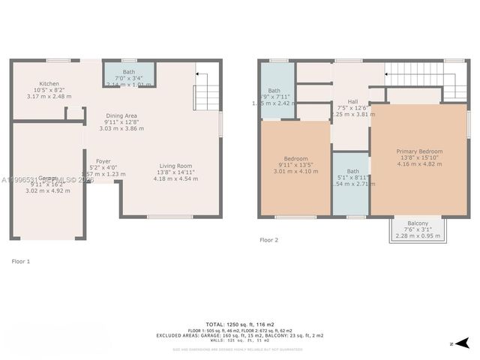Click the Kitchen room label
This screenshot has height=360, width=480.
49,84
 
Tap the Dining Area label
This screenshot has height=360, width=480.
120,115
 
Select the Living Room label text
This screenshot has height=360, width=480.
175,166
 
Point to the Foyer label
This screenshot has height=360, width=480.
103,161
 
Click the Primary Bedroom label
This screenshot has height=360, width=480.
419,151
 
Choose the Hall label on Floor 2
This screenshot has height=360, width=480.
352,101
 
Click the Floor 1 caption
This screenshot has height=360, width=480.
21,261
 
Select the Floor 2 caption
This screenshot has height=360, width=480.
268,240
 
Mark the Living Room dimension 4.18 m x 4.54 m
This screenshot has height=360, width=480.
175,179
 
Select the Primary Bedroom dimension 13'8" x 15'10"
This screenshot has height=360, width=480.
419,157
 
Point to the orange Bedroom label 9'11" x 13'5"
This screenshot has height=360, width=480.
296,164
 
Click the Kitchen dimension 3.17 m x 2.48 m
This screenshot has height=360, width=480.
49,96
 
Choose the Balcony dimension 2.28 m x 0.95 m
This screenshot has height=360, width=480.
418,236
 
